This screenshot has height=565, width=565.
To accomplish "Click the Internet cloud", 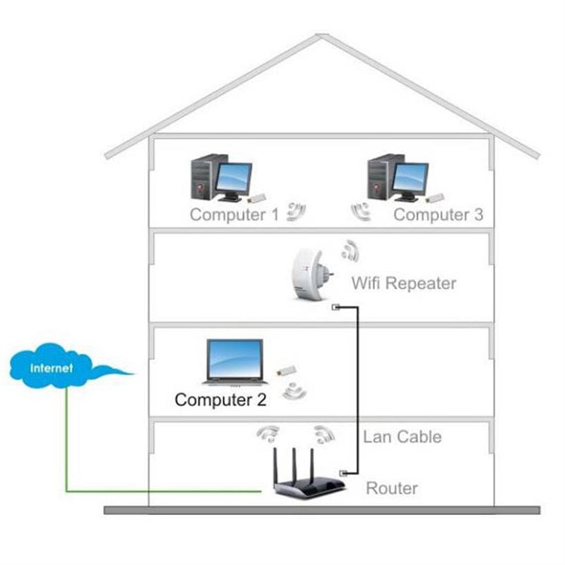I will point(52,367).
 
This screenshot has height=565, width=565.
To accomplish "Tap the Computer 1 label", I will point(234,214).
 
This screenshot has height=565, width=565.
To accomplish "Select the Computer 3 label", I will point(438,214).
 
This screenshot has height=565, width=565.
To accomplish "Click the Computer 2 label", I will point(220,400).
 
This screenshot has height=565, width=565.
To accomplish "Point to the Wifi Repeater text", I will point(403,284).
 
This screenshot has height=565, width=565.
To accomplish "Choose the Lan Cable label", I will point(402,437).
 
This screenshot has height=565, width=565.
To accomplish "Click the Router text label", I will point(392,489).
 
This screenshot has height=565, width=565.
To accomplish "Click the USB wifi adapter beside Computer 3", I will point(435,198).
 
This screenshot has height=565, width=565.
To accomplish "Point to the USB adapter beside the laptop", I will point(287,370).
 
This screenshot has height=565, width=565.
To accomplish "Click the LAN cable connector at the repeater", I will point(336,307).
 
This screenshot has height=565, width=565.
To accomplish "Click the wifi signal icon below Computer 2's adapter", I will point(294,391).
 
